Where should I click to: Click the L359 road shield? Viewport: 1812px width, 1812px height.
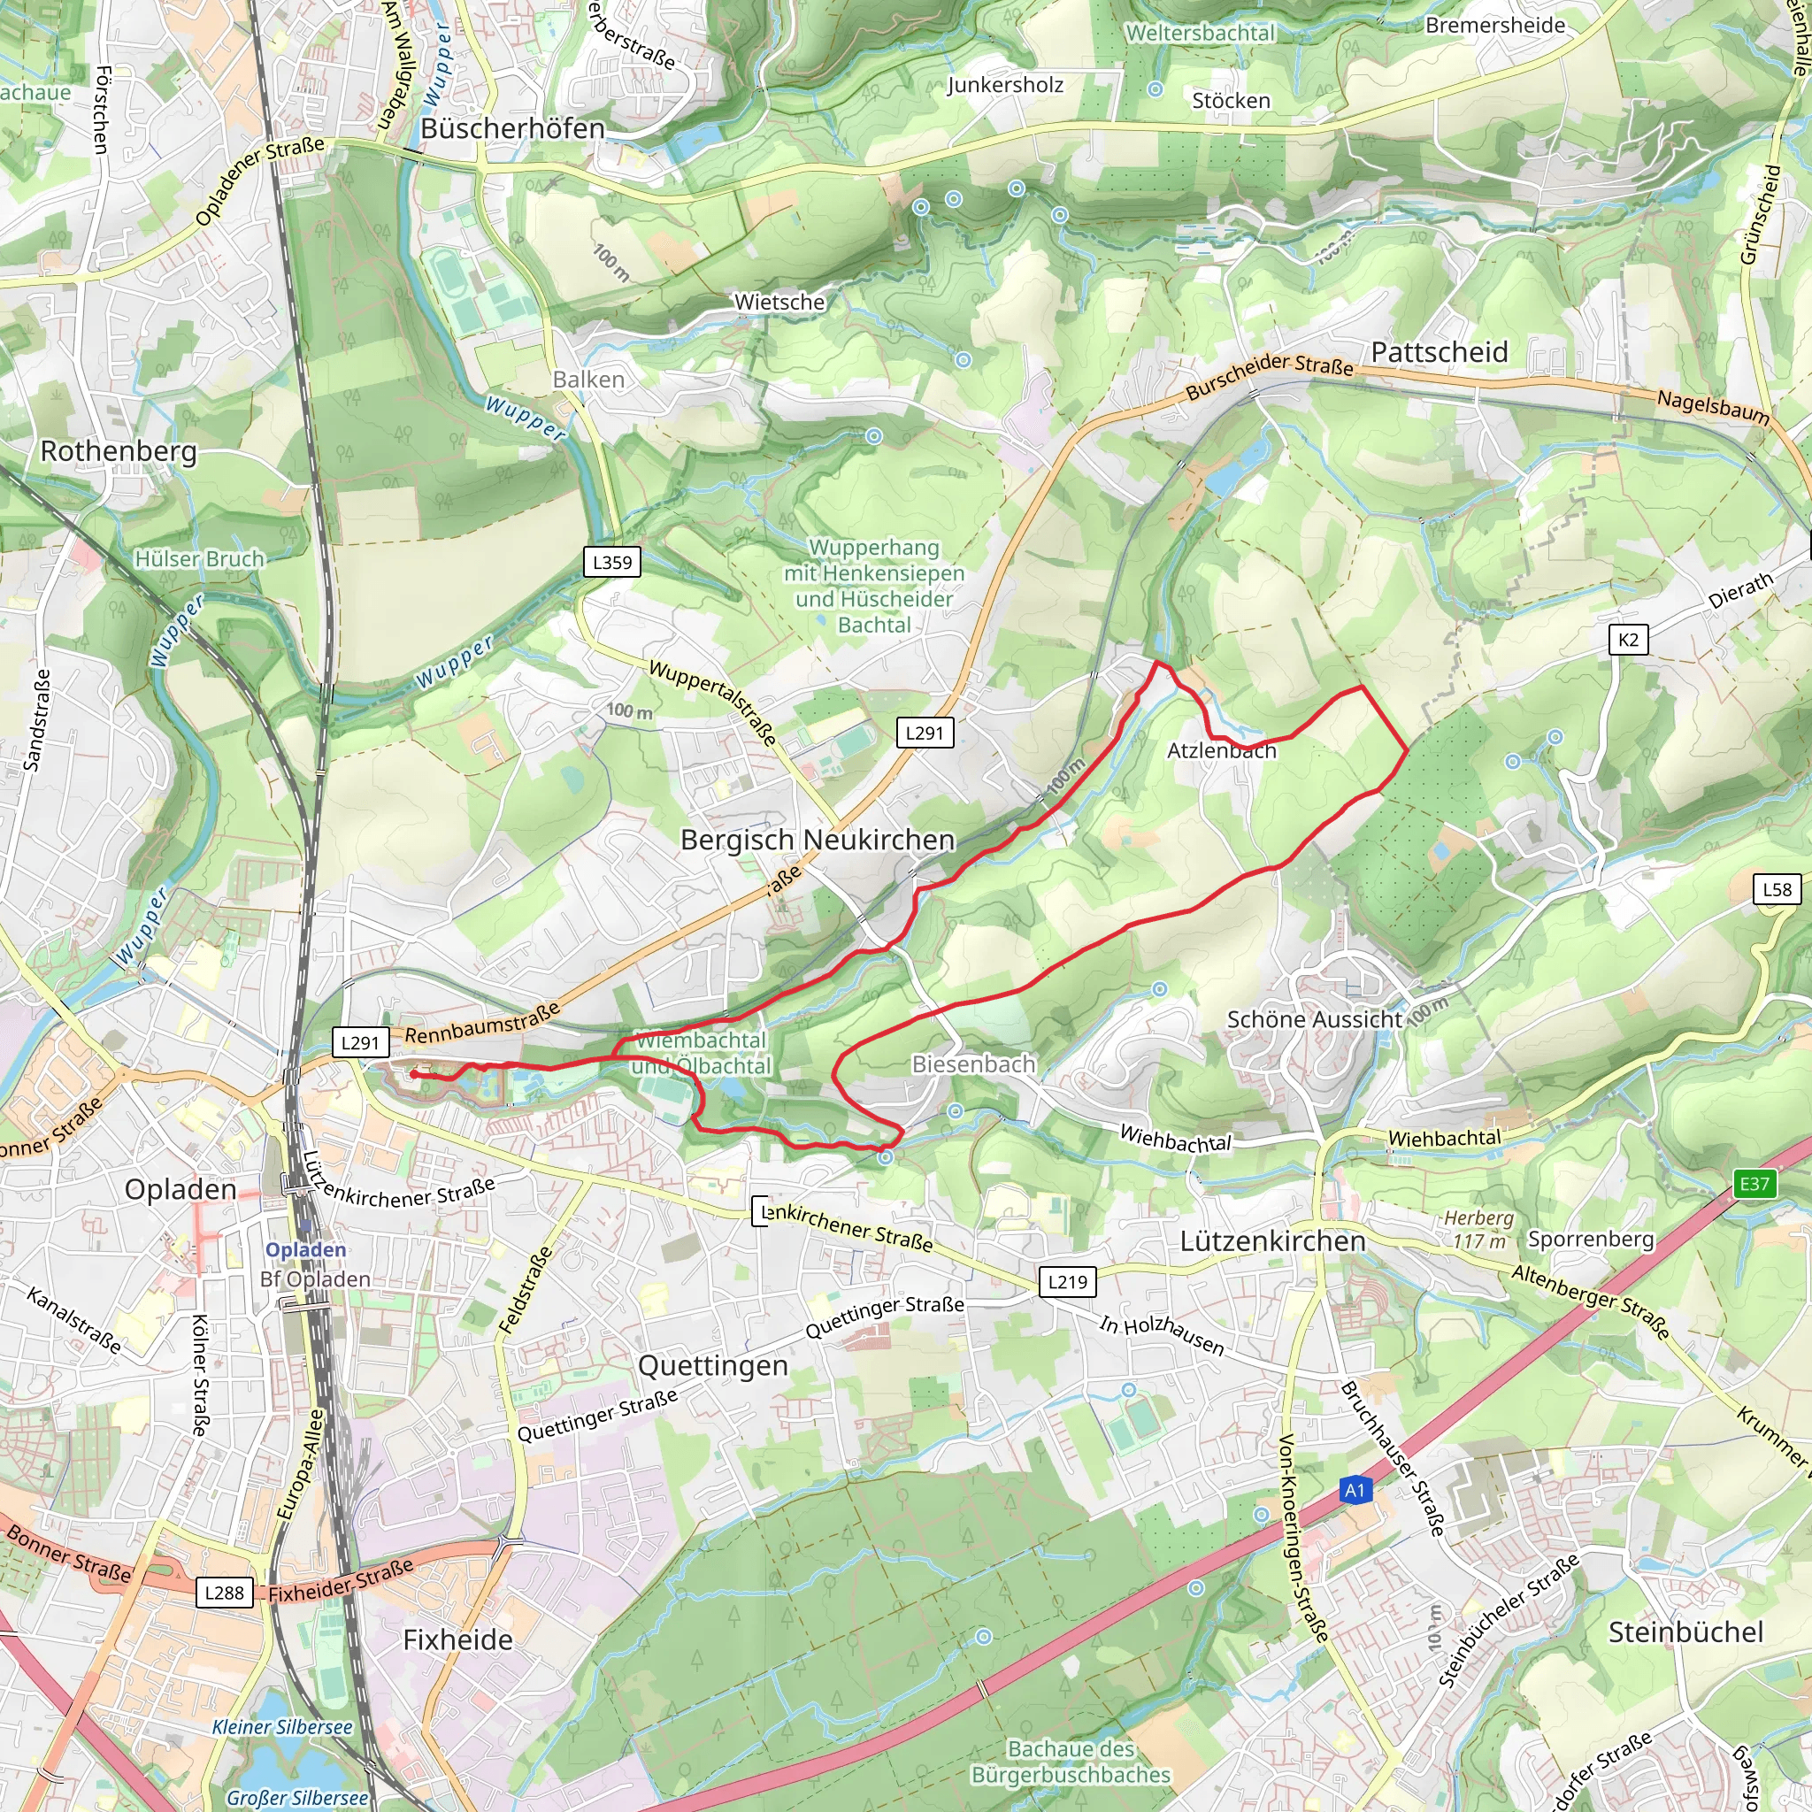click(612, 563)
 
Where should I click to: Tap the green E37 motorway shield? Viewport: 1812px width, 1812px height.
click(1754, 1184)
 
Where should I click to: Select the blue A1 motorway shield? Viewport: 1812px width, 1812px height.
click(1355, 1490)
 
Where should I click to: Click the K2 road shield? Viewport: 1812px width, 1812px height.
click(1628, 640)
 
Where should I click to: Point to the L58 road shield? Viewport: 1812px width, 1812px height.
click(1777, 889)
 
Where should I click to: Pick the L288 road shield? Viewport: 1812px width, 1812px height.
click(224, 1593)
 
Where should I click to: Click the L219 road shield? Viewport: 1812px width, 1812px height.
click(1067, 1282)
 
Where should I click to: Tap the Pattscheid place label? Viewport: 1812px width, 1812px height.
click(1439, 353)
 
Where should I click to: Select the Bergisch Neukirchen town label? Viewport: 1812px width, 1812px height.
click(817, 840)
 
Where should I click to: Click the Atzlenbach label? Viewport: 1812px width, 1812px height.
click(1221, 750)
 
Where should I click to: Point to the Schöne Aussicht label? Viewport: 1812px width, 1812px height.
click(1314, 1019)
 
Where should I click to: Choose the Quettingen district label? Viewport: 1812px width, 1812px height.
click(713, 1365)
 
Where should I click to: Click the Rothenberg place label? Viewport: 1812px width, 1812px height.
click(119, 451)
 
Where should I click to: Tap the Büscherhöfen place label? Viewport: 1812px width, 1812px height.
click(512, 128)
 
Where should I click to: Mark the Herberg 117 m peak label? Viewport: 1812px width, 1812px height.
click(1478, 1229)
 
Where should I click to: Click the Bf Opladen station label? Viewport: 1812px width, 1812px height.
click(315, 1279)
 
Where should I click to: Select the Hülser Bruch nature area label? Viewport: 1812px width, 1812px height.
click(199, 559)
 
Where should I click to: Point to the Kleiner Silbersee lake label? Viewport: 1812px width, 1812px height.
click(281, 1727)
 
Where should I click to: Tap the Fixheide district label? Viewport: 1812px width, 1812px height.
click(457, 1639)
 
